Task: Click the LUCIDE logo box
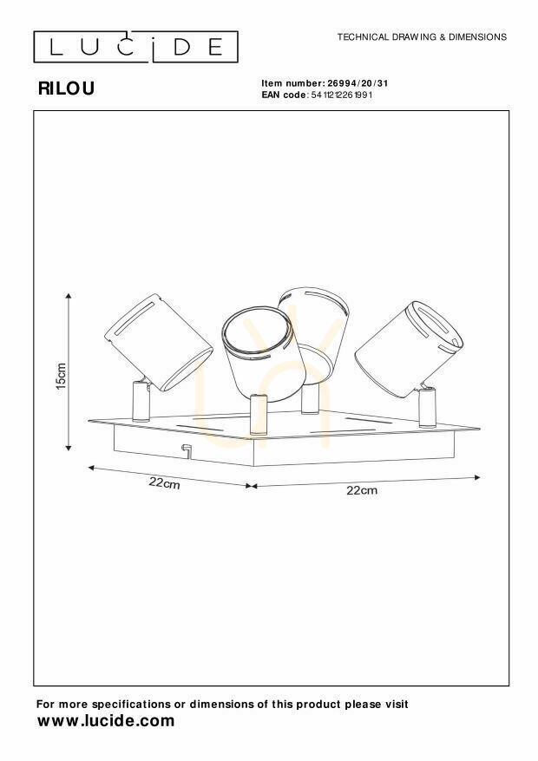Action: tap(136, 47)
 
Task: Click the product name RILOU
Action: tap(66, 89)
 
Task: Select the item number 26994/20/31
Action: tap(358, 83)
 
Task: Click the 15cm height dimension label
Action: tap(61, 376)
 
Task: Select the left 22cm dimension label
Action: tap(164, 483)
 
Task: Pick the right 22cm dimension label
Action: tap(362, 490)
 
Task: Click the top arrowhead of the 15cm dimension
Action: tap(69, 296)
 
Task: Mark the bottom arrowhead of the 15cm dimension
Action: tap(69, 447)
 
